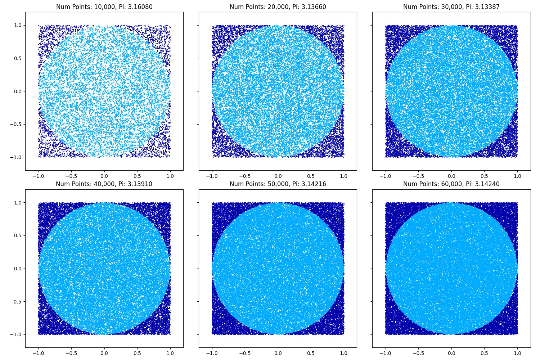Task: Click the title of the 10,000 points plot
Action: (x=104, y=7)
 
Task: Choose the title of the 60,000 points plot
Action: (x=451, y=184)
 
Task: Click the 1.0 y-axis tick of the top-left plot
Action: (x=18, y=26)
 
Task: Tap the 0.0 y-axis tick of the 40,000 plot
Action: (x=18, y=269)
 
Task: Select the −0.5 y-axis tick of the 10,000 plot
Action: (x=16, y=124)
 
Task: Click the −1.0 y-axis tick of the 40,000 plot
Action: (x=16, y=334)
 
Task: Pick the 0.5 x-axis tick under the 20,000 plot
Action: (x=311, y=176)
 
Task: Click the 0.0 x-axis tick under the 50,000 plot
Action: (x=278, y=353)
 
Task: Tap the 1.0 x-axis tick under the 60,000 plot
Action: (x=517, y=353)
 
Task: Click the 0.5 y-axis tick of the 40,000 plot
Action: (x=18, y=235)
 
